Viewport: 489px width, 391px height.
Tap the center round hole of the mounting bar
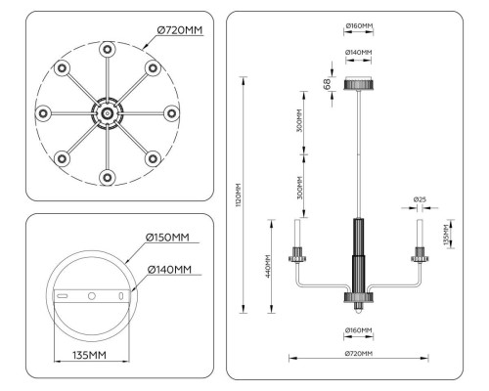[x=91, y=294]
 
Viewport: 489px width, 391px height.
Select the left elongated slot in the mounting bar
[x=61, y=294]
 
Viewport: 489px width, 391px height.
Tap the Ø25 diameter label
[x=420, y=200]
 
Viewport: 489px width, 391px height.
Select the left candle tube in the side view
[x=294, y=235]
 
